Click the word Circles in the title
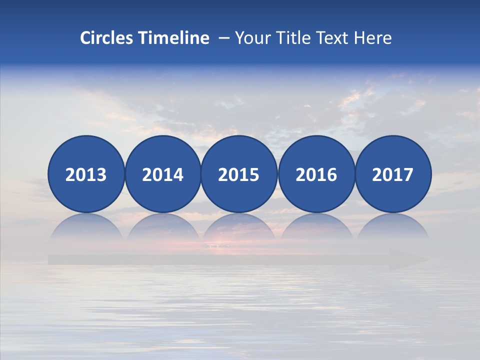107,38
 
